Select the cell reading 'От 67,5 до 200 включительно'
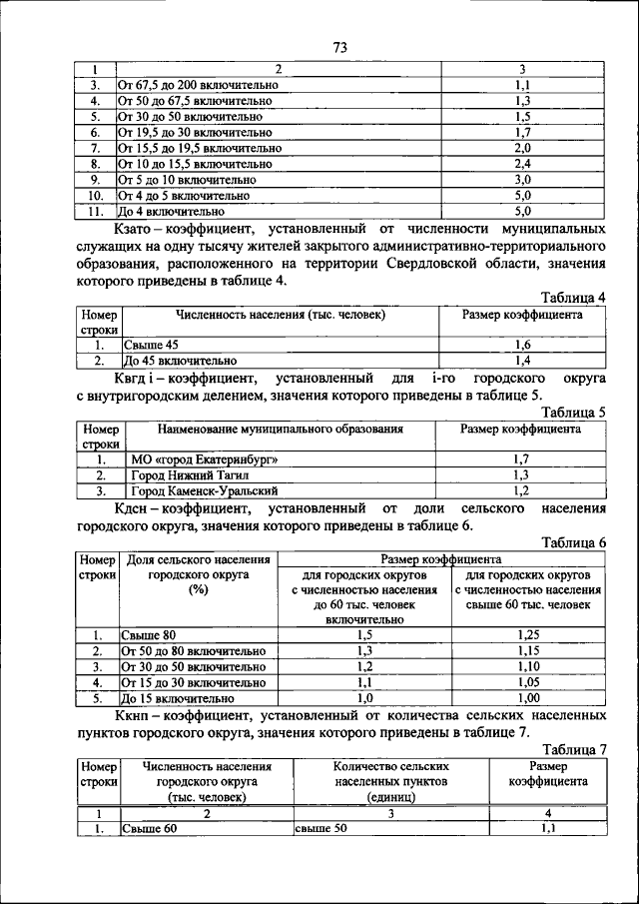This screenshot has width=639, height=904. (x=198, y=86)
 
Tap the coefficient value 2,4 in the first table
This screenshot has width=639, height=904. (x=522, y=164)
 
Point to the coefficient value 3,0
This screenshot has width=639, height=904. (x=522, y=180)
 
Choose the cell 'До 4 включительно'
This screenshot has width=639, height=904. (x=168, y=212)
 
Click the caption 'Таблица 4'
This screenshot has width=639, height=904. (x=573, y=298)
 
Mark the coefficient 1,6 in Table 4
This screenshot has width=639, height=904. (x=522, y=345)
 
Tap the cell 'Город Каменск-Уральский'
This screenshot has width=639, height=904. (x=205, y=491)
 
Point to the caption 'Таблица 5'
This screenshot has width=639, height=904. (x=573, y=412)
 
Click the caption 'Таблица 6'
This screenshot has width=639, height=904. (x=573, y=542)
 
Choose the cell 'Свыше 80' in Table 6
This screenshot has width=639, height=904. (x=149, y=635)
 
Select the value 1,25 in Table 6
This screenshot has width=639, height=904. (x=528, y=635)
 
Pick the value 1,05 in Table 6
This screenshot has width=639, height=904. (x=528, y=683)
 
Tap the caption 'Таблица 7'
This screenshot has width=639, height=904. (x=573, y=749)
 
